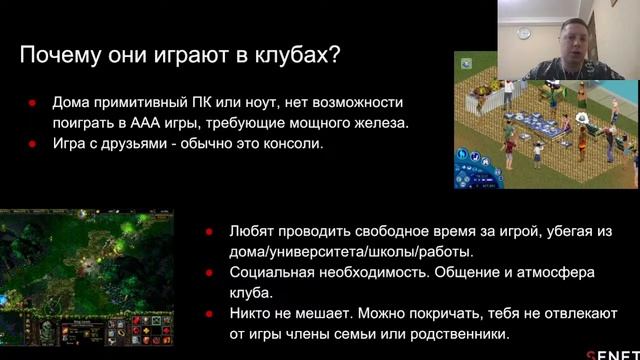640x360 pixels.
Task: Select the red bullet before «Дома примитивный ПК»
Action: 32,104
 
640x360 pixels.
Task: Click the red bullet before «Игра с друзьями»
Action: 32,144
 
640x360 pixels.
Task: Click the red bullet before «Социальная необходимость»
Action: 209,272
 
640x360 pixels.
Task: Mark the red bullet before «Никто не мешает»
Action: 209,314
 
